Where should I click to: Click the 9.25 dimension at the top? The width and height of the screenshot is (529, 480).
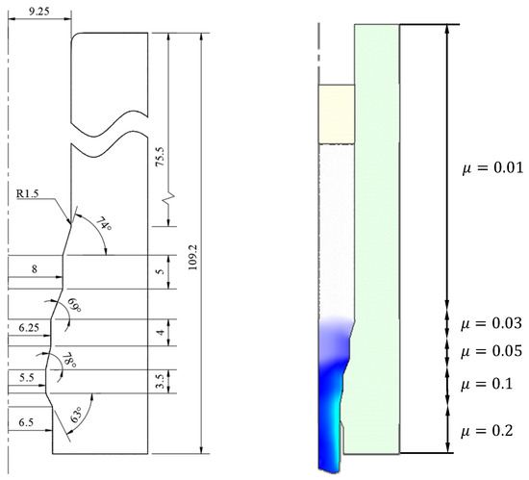click(x=39, y=12)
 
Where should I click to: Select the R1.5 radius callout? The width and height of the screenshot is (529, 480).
click(x=28, y=193)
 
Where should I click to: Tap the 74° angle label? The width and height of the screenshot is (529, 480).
click(x=104, y=224)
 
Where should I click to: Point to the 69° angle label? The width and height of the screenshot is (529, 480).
click(x=75, y=305)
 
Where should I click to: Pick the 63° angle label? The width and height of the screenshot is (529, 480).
click(x=76, y=415)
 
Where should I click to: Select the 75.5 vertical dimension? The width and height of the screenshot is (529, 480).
click(x=160, y=157)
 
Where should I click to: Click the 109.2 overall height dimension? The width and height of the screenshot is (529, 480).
click(x=192, y=258)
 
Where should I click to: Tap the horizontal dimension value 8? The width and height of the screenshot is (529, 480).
click(x=35, y=269)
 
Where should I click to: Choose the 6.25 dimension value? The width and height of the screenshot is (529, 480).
click(x=29, y=327)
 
